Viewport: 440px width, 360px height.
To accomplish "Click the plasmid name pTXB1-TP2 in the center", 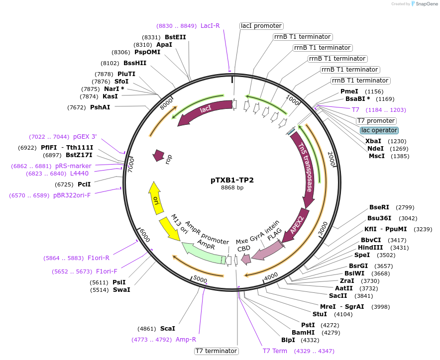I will pyautogui.click(x=232, y=180).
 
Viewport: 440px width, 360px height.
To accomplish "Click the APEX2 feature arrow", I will pyautogui.click(x=297, y=226).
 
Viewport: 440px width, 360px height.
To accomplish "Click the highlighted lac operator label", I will pyautogui.click(x=379, y=130).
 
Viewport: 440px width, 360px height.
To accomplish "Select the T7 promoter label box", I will pyautogui.click(x=376, y=121).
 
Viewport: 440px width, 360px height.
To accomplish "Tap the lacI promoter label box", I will pyautogui.click(x=261, y=26).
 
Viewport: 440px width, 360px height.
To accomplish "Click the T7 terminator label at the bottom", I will pyautogui.click(x=216, y=351).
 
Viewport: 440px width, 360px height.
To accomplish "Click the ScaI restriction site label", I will pyautogui.click(x=168, y=329).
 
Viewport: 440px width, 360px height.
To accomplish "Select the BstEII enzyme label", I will pyautogui.click(x=175, y=37).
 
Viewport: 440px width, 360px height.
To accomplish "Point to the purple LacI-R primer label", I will pyautogui.click(x=210, y=26).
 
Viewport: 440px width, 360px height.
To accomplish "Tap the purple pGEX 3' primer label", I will pyautogui.click(x=85, y=137).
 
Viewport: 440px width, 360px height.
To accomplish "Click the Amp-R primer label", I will pyautogui.click(x=186, y=340).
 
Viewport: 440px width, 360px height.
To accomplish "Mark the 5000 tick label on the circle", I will pyautogui.click(x=200, y=279).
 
